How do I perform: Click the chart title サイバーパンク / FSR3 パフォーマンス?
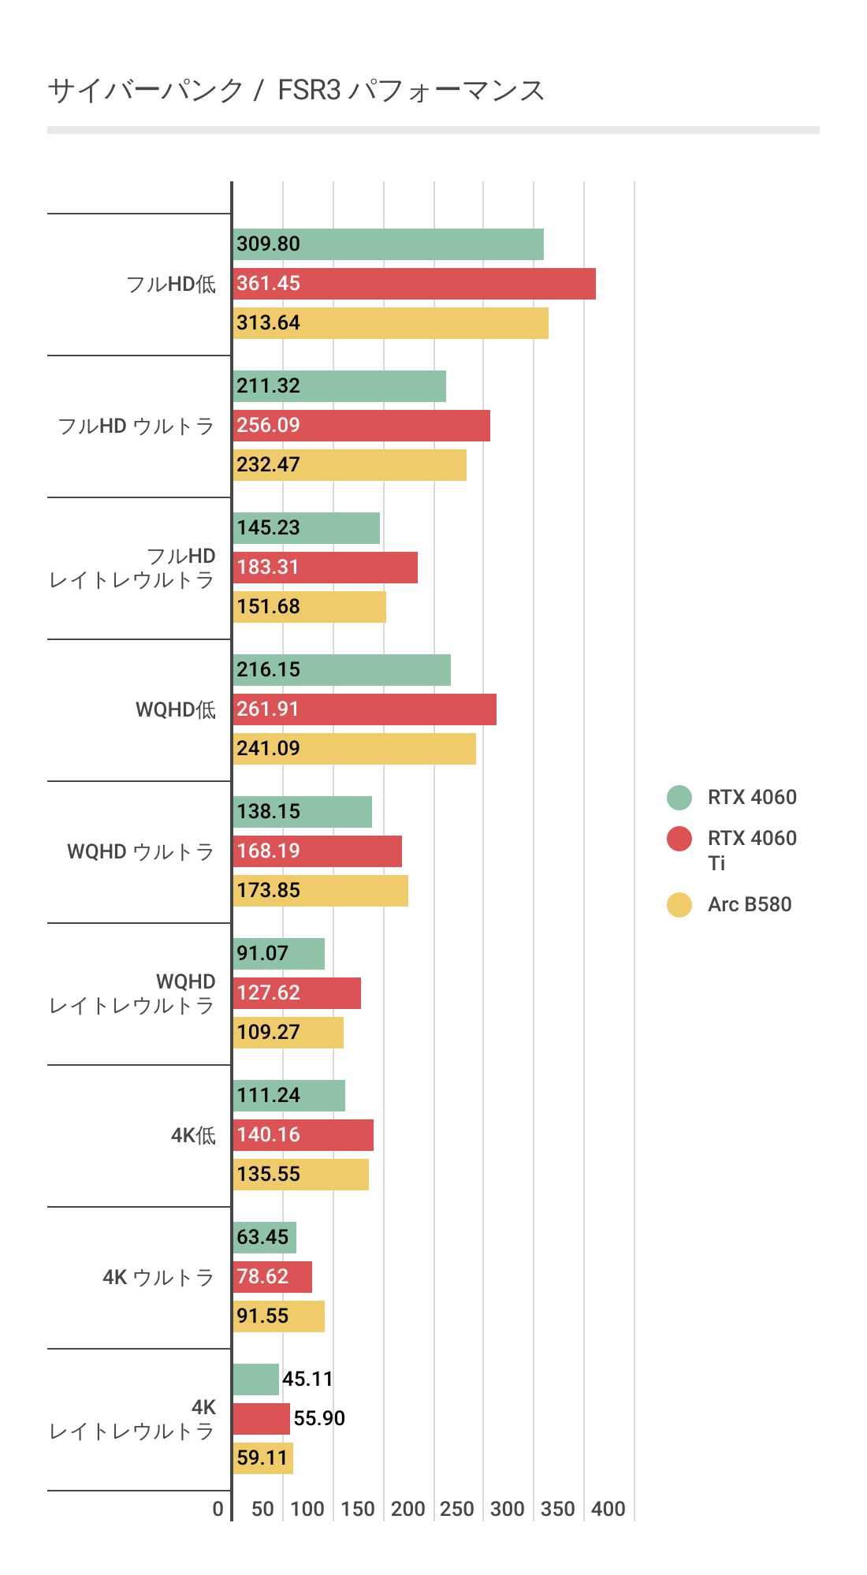click(x=296, y=91)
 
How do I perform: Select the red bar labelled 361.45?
click(x=414, y=284)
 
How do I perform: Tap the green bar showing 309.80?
click(x=388, y=244)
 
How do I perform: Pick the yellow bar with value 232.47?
click(x=349, y=465)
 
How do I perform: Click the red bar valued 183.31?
click(x=325, y=568)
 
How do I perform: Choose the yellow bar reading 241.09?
click(x=354, y=749)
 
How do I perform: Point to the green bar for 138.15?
click(x=302, y=812)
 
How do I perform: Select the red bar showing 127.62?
click(x=296, y=993)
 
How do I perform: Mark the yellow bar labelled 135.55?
click(x=300, y=1175)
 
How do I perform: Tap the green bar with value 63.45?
click(x=264, y=1238)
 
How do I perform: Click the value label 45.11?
click(x=307, y=1380)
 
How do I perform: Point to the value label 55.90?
click(x=319, y=1419)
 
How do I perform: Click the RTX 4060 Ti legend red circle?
click(x=679, y=839)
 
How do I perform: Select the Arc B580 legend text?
click(x=750, y=905)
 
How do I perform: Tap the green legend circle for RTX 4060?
click(x=679, y=798)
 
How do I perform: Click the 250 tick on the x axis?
click(x=457, y=1510)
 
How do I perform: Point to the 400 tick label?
click(x=608, y=1510)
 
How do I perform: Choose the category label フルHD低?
click(x=171, y=285)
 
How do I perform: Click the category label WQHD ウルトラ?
click(x=140, y=852)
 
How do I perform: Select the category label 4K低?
click(x=193, y=1136)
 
